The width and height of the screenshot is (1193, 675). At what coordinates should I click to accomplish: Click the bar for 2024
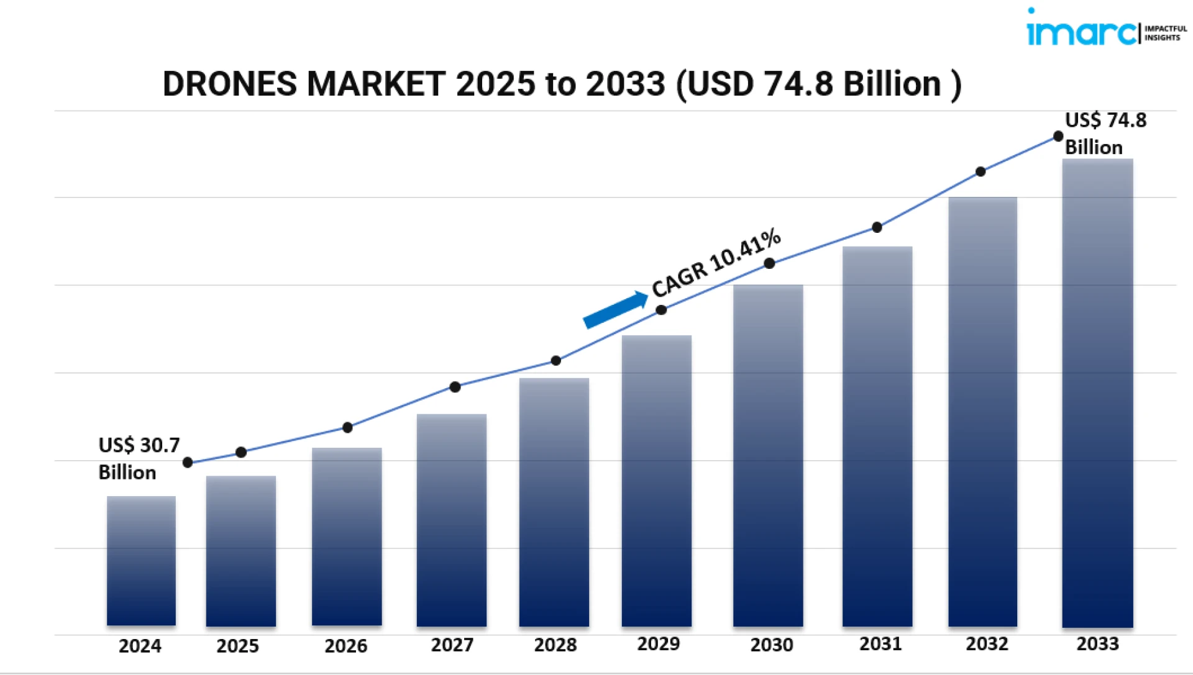coord(141,560)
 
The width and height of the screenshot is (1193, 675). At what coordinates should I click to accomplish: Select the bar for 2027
coord(452,520)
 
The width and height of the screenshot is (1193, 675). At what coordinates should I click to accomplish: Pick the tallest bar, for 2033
coord(1097,392)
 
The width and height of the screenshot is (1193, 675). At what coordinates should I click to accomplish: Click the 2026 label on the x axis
coord(345,646)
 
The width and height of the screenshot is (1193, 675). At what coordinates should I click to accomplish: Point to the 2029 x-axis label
coord(658,644)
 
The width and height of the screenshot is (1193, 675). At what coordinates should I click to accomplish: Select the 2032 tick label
coord(987,644)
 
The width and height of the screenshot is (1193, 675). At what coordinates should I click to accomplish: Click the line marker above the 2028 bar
coord(556,361)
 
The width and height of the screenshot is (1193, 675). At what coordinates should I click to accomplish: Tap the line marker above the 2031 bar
coord(877,227)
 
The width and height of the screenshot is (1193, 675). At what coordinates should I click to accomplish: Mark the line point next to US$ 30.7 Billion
coord(188,463)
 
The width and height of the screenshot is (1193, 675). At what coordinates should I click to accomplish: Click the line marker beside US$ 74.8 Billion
coord(1058,137)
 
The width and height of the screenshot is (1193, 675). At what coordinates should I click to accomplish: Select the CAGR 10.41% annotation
coord(716,261)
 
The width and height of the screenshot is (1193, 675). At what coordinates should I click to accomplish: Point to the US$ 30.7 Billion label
coord(139,458)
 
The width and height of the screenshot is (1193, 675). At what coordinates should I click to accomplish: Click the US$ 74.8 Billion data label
coord(1105,134)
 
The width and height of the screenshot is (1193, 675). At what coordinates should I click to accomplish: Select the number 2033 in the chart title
coord(625,84)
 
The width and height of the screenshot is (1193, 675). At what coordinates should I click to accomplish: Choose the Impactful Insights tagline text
coord(1166,33)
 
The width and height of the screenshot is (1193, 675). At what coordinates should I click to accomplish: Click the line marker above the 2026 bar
coord(347,427)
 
